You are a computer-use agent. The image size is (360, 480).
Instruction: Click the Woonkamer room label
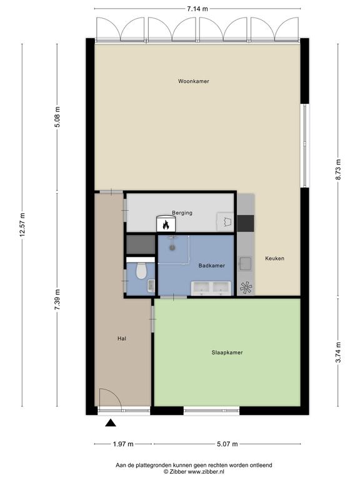[194, 81]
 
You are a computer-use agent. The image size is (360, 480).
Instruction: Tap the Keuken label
[274, 258]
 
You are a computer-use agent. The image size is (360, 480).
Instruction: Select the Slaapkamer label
[227, 352]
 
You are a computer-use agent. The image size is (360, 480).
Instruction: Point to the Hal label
[121, 339]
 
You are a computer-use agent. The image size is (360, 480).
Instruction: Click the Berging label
[182, 212]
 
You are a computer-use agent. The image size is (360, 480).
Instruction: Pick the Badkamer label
[211, 266]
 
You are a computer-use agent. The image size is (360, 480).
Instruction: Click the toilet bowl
[141, 270]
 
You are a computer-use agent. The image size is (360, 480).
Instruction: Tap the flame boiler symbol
[166, 224]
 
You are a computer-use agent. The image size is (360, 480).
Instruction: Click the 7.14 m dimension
[197, 9]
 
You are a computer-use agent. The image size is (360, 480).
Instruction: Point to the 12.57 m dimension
[22, 225]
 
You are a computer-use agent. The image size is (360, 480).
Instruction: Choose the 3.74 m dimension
[338, 352]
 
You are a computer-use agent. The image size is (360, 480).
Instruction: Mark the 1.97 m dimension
[123, 444]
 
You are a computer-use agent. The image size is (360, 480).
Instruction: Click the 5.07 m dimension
[227, 444]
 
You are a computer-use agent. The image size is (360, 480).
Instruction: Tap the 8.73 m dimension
[338, 170]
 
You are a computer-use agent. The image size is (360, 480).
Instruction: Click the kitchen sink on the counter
[246, 264]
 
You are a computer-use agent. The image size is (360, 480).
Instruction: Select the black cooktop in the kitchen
[246, 224]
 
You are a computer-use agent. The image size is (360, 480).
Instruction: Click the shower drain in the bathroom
[173, 247]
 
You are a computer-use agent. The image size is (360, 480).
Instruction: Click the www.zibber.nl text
[202, 472]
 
